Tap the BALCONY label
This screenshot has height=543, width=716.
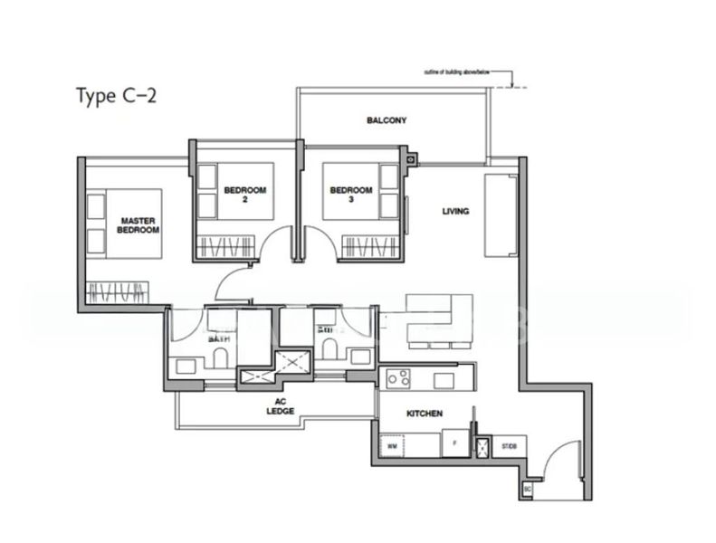[386, 119]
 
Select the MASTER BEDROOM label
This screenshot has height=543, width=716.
[138, 225]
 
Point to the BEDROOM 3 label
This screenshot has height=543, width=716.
[350, 195]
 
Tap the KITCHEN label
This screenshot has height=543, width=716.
[424, 413]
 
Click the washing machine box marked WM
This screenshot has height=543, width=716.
[392, 445]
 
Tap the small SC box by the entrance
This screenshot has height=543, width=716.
[528, 489]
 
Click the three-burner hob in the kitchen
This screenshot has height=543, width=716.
[400, 376]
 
